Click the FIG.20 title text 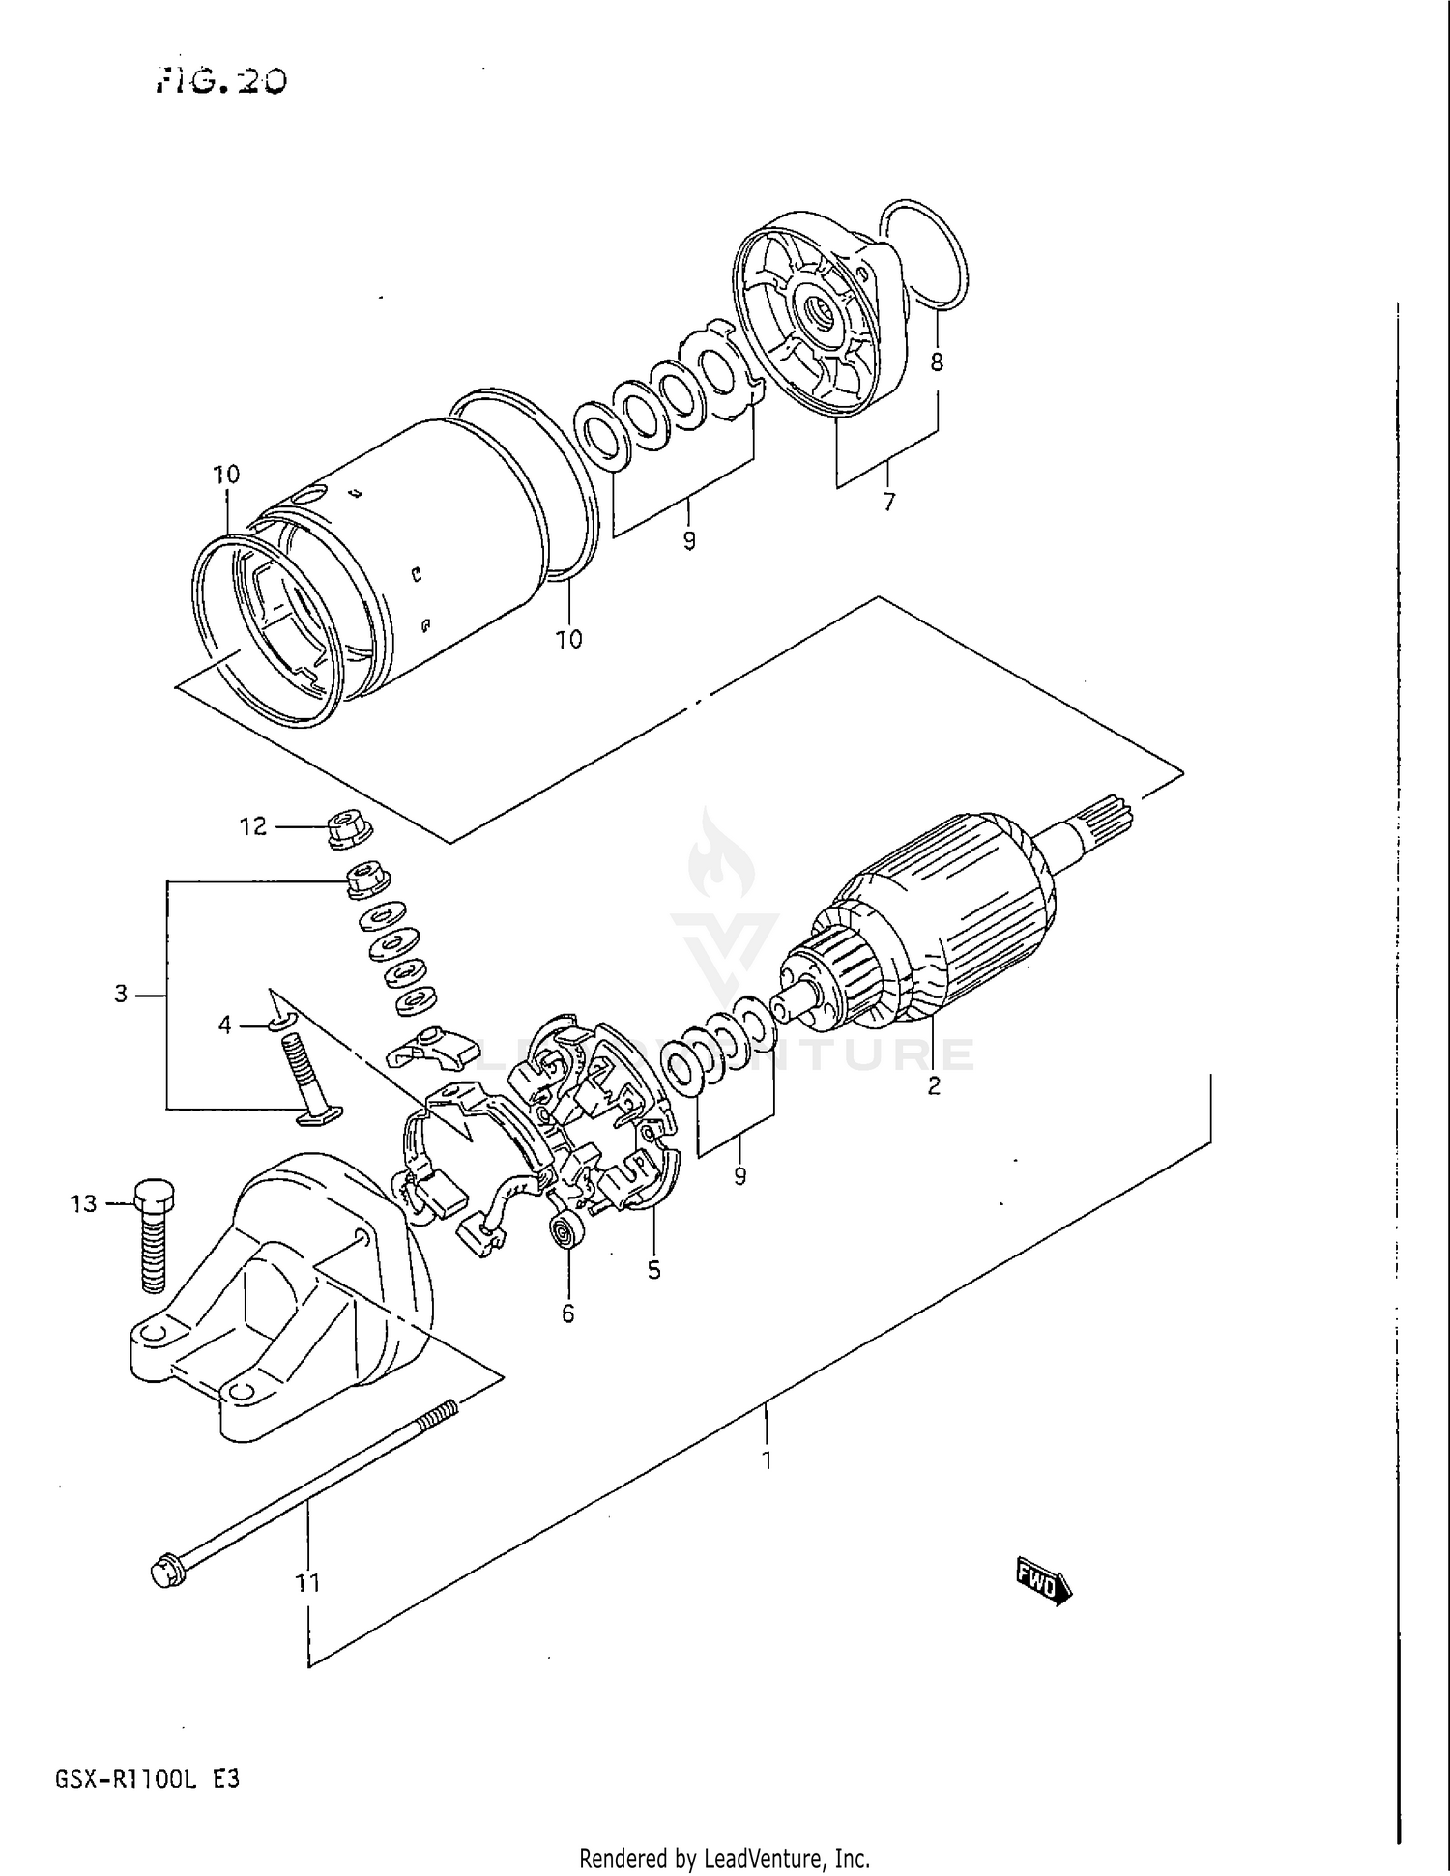[221, 80]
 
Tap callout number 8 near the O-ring [936, 362]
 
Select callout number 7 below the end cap [888, 502]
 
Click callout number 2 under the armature [933, 1086]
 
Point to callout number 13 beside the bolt [84, 1203]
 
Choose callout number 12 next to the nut [252, 826]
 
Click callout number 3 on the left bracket [121, 994]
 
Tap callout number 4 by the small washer [224, 1025]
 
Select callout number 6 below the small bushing [567, 1313]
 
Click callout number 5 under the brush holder [654, 1270]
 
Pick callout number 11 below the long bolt [307, 1583]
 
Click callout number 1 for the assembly [767, 1459]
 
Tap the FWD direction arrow [1043, 1582]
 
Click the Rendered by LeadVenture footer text [724, 1858]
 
